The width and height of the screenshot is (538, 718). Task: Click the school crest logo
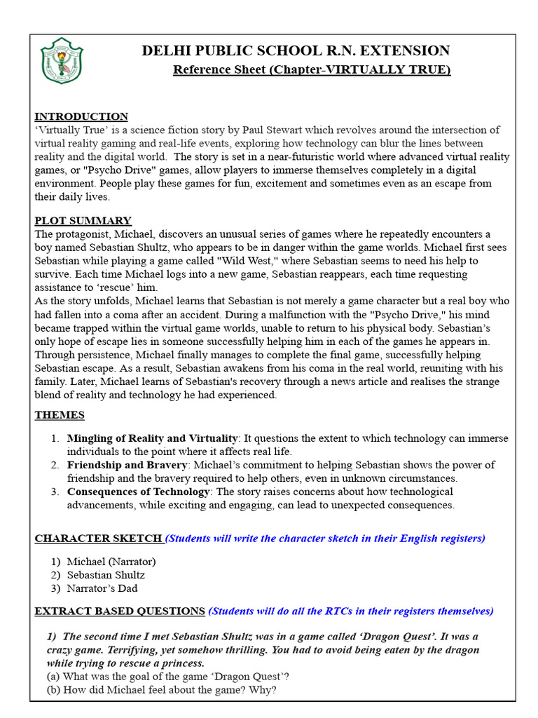[62, 61]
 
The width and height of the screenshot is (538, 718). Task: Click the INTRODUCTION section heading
[81, 116]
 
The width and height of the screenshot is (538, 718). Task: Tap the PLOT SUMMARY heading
[83, 220]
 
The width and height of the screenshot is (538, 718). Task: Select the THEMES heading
[60, 415]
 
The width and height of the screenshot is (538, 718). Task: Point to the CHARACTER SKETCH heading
[98, 538]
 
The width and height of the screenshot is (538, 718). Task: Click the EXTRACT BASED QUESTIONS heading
[120, 611]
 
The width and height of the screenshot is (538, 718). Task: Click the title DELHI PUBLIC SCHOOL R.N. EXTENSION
[296, 50]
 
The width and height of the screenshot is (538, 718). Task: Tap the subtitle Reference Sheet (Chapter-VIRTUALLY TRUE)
[312, 69]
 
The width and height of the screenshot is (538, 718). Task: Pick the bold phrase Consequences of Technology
[138, 492]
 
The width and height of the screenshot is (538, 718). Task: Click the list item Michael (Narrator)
[111, 562]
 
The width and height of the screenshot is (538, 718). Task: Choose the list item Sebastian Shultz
[106, 575]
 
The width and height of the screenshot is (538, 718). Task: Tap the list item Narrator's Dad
[102, 588]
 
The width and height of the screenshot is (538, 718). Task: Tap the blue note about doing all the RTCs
[351, 611]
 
